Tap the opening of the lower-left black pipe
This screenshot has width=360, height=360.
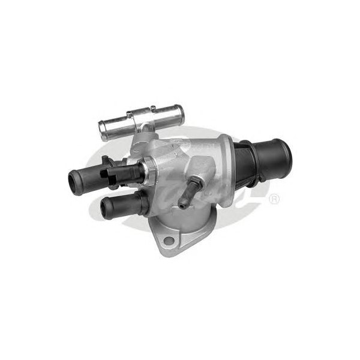coord(107,210)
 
